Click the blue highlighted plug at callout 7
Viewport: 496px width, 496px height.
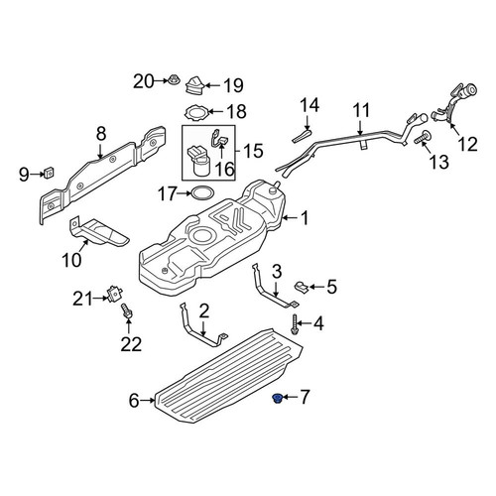(x=276, y=399)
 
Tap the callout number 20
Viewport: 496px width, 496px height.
(x=144, y=81)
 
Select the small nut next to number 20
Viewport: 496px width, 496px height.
(x=173, y=79)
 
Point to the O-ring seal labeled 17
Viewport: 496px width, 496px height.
(x=202, y=193)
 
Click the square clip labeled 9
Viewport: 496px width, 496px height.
(x=50, y=173)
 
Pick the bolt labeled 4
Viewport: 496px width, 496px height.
(x=294, y=324)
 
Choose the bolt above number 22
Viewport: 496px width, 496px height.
(x=127, y=311)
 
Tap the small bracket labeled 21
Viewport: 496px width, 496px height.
(x=114, y=293)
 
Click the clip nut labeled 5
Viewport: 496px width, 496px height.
(x=302, y=287)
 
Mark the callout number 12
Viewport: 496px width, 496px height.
(x=468, y=144)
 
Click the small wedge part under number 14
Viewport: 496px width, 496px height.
(x=302, y=136)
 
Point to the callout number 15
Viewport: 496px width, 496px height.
(x=253, y=151)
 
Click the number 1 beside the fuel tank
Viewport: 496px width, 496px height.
(x=305, y=218)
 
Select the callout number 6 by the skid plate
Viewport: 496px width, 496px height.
(x=134, y=401)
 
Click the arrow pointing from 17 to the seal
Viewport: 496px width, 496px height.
(x=183, y=193)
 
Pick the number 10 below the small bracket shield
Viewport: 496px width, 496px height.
(x=71, y=260)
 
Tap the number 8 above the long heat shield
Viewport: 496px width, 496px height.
(x=101, y=134)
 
